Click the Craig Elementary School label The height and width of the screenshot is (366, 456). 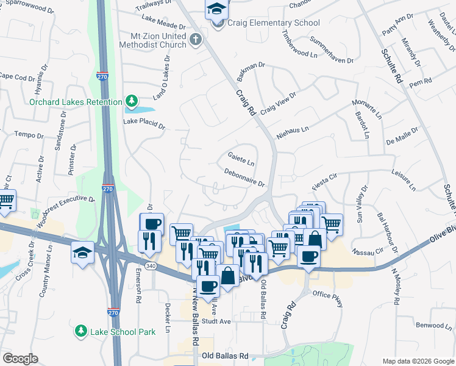274,23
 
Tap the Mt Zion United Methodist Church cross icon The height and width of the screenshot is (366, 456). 195,40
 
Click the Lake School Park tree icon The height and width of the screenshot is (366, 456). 80,331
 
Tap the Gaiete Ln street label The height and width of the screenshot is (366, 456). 241,161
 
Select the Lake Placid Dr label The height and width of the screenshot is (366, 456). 144,124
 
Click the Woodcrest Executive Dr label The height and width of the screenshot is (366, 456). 66,207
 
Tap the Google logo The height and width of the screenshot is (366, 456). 20,358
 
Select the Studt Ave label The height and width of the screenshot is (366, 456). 217,321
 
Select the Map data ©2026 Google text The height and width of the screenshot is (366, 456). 418,360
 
